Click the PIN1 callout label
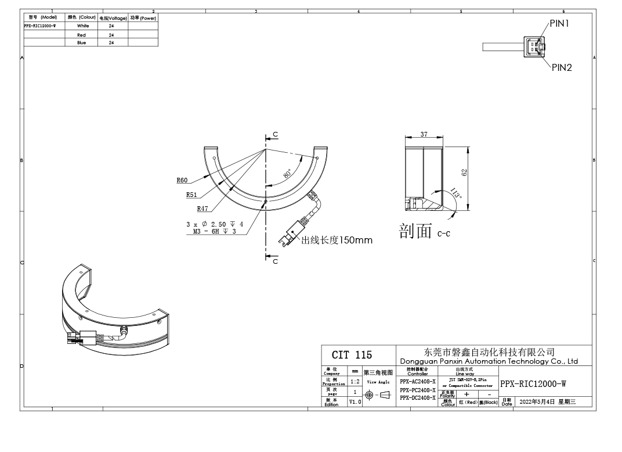560,24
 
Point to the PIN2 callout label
562,67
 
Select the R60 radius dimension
182,181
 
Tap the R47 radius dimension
202,208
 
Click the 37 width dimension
424,134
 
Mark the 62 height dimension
464,172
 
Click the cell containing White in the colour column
83,26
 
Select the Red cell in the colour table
82,35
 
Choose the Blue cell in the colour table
82,42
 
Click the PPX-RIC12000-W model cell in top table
40,26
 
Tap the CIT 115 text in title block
352,355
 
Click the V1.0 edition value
355,401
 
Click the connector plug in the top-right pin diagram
533,46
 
